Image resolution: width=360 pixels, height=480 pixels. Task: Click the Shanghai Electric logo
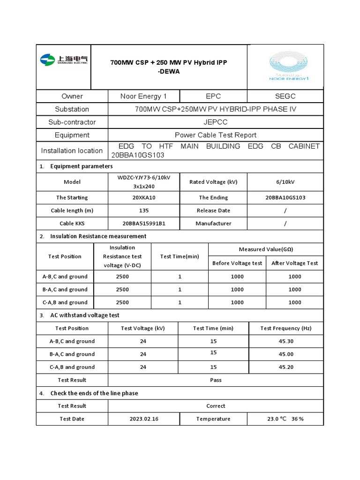(x=64, y=60)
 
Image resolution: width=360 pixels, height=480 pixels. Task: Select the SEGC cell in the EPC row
(x=285, y=96)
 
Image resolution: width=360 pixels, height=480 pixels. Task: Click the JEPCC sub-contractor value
(x=216, y=122)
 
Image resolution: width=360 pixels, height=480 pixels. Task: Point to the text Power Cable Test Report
(x=216, y=135)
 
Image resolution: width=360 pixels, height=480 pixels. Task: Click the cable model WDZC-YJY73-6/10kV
(x=144, y=178)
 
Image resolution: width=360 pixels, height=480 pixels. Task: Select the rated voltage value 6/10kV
(x=285, y=182)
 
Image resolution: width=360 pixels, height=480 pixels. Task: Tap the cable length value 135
(x=144, y=210)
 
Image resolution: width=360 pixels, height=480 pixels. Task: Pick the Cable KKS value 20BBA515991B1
(x=144, y=224)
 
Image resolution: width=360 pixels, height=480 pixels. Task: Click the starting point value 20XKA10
(x=144, y=197)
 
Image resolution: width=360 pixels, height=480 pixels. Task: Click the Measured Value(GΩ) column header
(x=266, y=249)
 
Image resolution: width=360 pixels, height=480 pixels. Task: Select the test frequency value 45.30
(x=286, y=341)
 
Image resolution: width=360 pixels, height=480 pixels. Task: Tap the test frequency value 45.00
(x=286, y=354)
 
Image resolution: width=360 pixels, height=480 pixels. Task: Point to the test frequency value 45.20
(x=286, y=367)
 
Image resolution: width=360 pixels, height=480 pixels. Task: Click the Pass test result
(x=216, y=380)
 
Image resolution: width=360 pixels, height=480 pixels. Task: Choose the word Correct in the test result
(x=216, y=406)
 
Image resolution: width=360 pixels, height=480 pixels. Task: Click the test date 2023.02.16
(x=144, y=419)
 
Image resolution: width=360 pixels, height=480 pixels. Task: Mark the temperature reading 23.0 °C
(x=277, y=419)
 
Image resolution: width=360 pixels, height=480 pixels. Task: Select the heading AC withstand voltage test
(x=85, y=315)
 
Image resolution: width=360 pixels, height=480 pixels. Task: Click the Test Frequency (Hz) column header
(x=286, y=328)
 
